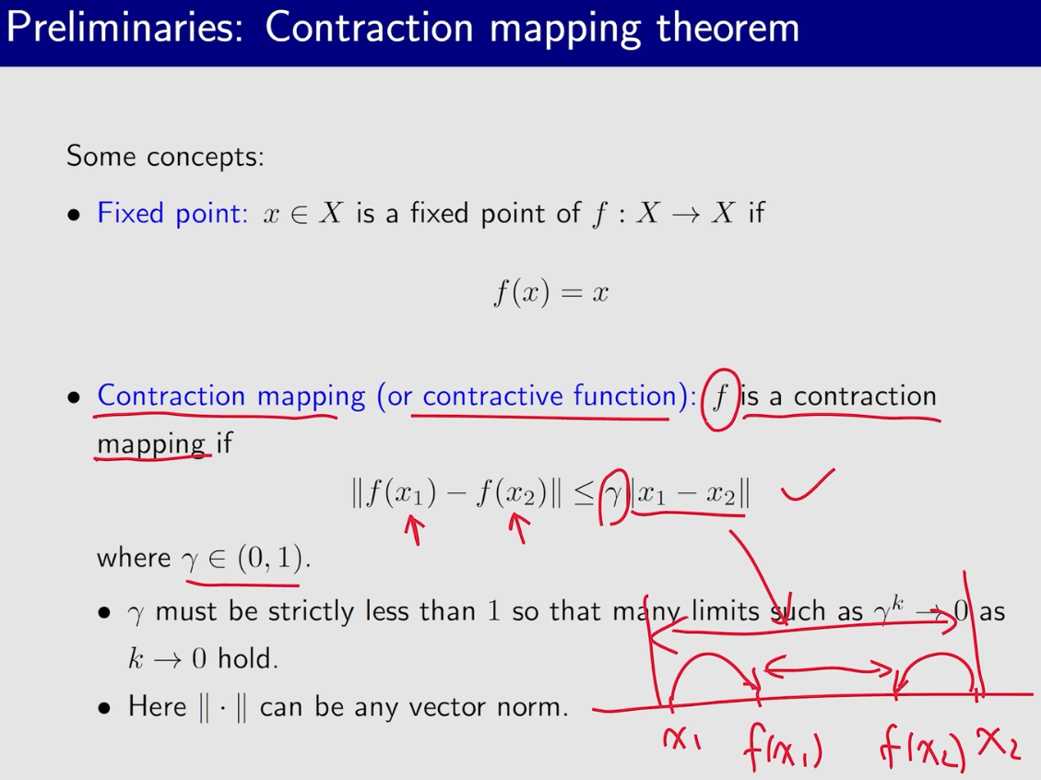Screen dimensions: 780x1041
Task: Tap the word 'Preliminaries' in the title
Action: coord(125,28)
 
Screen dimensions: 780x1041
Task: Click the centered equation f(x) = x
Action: coord(550,294)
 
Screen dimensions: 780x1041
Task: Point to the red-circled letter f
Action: coord(720,398)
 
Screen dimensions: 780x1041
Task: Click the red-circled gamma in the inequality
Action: coord(613,495)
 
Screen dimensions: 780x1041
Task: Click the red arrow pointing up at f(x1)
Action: coord(414,529)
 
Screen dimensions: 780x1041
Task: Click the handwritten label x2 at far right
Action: coord(1000,743)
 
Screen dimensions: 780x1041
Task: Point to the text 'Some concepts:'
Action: coord(165,156)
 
